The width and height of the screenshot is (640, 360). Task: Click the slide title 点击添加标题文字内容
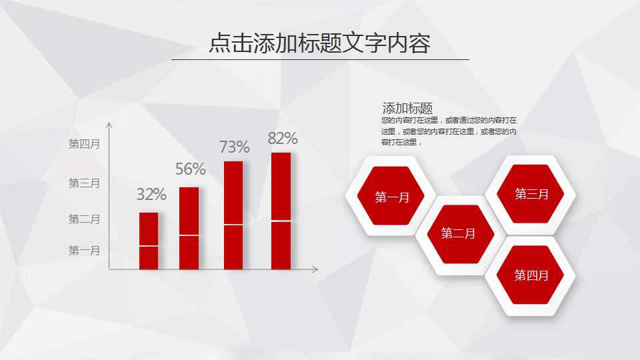point(319,43)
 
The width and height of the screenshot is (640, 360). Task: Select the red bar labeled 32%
point(149,241)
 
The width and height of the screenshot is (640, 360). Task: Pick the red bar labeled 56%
point(189,228)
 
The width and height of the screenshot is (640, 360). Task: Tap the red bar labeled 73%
point(233,215)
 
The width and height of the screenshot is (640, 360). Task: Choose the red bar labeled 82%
point(281,211)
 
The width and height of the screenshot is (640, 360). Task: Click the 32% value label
point(151,195)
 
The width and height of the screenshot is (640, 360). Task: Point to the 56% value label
point(191,169)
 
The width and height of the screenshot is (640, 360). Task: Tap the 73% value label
point(235,147)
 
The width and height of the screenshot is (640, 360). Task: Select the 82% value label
point(283,139)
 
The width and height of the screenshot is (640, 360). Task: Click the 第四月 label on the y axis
point(84,143)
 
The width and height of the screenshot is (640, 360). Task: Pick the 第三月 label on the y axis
point(84,183)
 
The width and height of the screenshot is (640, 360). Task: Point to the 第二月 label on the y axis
point(84,219)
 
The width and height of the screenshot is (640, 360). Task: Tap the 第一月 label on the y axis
point(84,251)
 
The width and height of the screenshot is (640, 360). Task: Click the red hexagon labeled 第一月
point(391,197)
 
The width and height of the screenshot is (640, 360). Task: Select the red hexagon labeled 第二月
point(459,233)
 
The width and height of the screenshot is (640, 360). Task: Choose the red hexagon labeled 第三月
point(531,194)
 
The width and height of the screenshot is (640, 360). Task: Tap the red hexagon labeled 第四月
point(531,275)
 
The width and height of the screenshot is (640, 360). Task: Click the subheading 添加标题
point(407,108)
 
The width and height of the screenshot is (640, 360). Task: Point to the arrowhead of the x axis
point(315,269)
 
